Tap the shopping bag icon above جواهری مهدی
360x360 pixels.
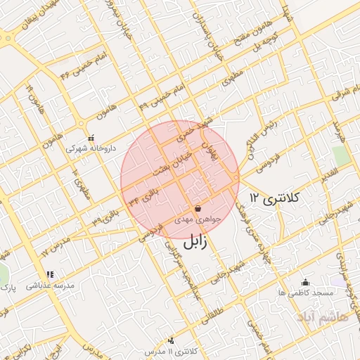point(198,209)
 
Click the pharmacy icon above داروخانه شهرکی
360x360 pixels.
point(90,138)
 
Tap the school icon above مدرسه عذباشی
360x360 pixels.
point(49,275)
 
